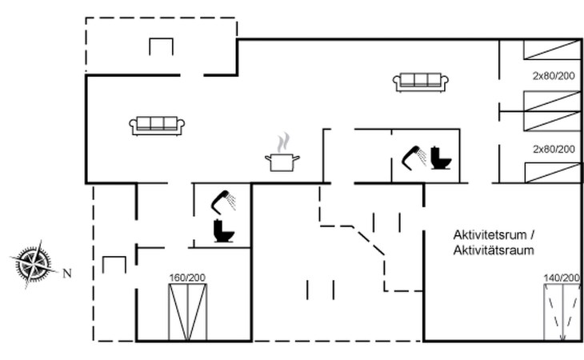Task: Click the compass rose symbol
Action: [x=34, y=264]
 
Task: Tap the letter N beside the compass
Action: [x=67, y=274]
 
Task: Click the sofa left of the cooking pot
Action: [x=157, y=126]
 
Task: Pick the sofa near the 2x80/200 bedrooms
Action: [x=421, y=82]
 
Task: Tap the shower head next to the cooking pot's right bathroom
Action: [x=414, y=158]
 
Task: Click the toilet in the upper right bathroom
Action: [x=441, y=158]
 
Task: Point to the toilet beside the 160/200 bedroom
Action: [x=224, y=231]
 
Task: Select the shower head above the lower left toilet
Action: [x=223, y=202]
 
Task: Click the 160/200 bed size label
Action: [x=187, y=278]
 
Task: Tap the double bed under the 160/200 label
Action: [x=188, y=312]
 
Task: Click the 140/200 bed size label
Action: [x=562, y=278]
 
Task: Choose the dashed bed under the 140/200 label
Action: [x=562, y=312]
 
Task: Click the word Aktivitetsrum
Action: [x=490, y=235]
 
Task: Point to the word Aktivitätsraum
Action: [x=494, y=250]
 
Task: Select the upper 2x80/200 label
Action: [x=554, y=76]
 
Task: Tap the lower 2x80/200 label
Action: [x=554, y=150]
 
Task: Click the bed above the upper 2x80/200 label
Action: [x=552, y=50]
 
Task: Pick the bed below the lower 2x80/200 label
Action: [x=553, y=173]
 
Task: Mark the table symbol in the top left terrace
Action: [x=162, y=46]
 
